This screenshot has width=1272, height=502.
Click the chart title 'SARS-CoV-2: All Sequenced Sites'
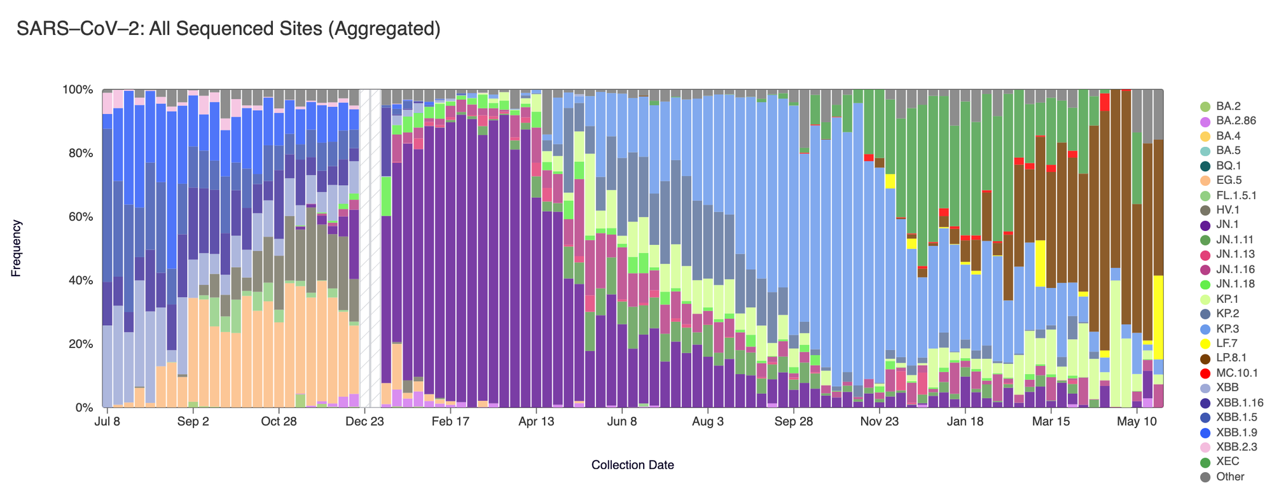(228, 29)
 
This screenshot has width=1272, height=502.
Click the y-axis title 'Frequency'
(17, 248)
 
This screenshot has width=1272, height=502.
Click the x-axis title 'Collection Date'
(632, 465)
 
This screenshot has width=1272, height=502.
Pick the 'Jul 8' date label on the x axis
(107, 422)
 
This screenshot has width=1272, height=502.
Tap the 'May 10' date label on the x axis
(1137, 422)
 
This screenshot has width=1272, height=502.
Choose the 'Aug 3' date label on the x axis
(707, 422)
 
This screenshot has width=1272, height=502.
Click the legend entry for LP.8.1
(1231, 358)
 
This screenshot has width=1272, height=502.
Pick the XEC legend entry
(1227, 462)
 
